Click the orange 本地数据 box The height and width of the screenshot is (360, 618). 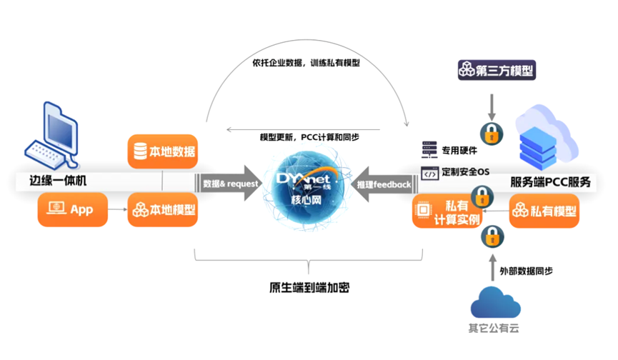161,151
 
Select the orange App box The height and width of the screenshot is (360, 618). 71,209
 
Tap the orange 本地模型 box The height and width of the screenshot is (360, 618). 161,210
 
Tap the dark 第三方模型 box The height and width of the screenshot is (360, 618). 496,70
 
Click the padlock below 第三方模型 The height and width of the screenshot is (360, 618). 492,133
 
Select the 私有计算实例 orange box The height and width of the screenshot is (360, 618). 447,212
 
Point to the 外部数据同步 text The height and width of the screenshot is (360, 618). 526,271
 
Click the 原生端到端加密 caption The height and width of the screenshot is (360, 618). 309,288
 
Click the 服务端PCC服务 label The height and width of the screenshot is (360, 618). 551,181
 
